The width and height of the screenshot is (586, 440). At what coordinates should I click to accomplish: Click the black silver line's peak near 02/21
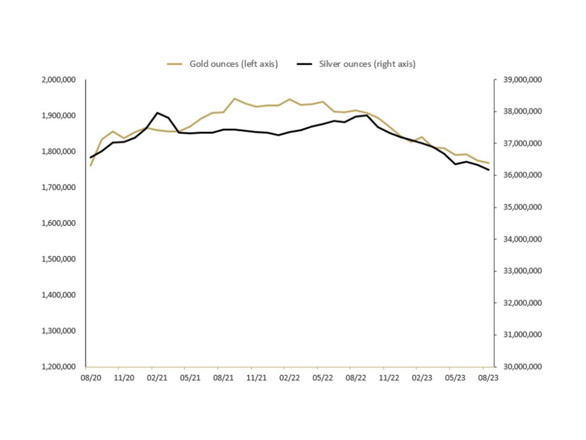pyautogui.click(x=157, y=113)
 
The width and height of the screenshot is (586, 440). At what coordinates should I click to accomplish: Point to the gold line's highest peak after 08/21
pyautogui.click(x=234, y=99)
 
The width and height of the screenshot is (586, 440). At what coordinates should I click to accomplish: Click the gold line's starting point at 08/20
pyautogui.click(x=91, y=165)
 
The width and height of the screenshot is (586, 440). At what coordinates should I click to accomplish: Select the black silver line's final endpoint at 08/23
pyautogui.click(x=489, y=170)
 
